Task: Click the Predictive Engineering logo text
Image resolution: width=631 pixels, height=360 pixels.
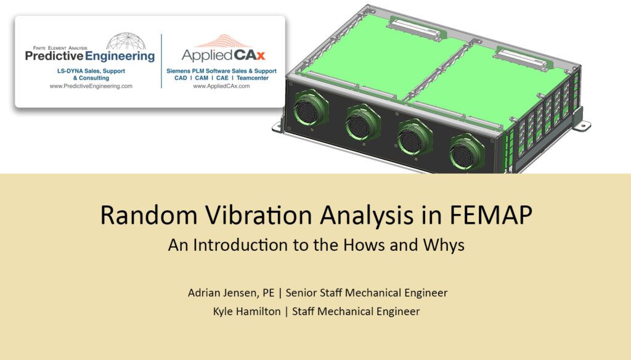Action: (x=90, y=56)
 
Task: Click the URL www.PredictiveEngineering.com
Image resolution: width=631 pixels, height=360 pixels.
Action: (x=91, y=87)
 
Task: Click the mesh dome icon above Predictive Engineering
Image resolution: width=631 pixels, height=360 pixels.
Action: (x=126, y=41)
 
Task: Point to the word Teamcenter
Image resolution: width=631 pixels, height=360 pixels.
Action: (x=259, y=79)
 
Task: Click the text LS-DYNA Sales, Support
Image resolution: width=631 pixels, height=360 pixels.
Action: (x=91, y=72)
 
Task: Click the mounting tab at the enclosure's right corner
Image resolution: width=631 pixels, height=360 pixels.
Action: (x=579, y=120)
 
